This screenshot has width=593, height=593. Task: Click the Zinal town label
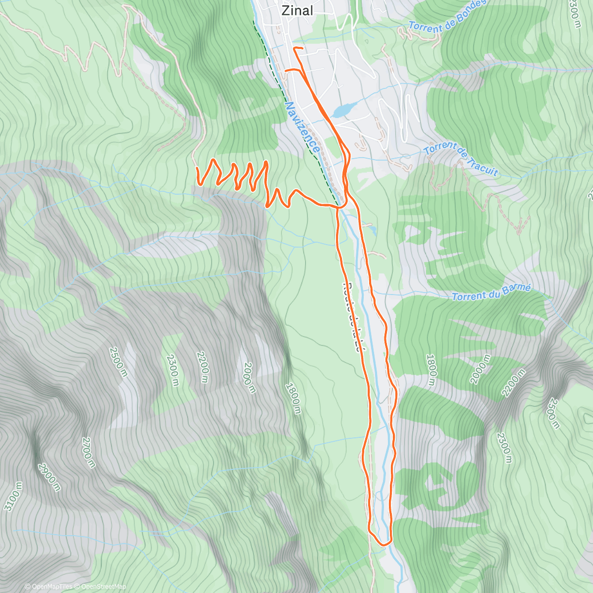(x=297, y=10)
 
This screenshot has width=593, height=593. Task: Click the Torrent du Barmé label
(x=491, y=292)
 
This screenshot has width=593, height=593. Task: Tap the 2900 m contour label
(x=49, y=477)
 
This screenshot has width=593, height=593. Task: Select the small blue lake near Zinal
(x=344, y=109)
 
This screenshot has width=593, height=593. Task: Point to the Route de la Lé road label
(x=355, y=316)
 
